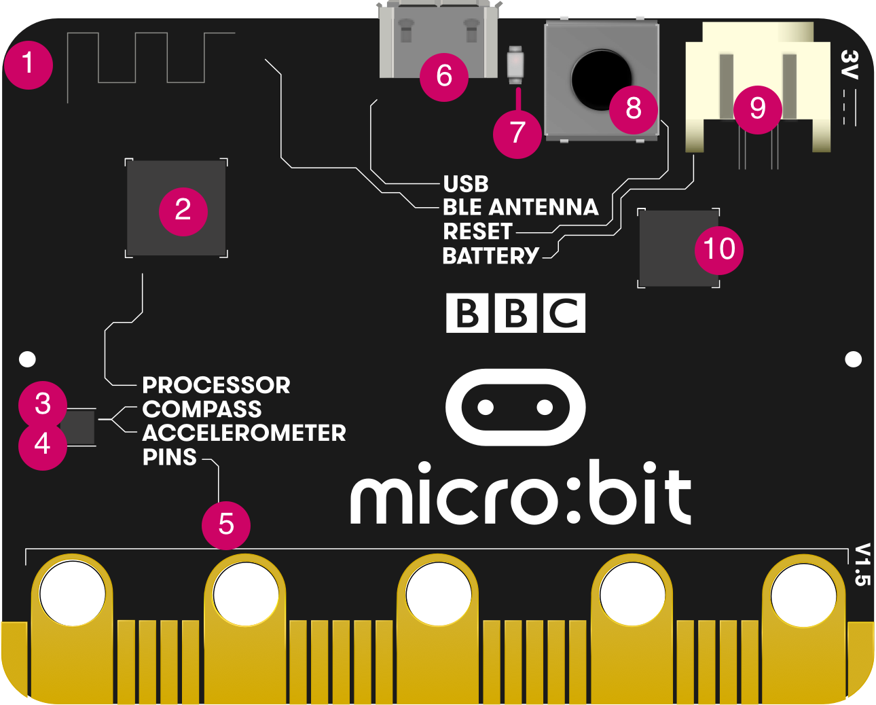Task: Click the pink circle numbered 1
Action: point(28,64)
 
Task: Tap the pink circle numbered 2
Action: point(183,210)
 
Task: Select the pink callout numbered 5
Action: point(226,524)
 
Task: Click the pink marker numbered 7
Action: point(517,132)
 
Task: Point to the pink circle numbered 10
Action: point(719,249)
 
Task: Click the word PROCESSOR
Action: point(216,385)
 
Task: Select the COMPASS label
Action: point(202,409)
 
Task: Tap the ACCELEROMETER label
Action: point(244,433)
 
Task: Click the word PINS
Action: point(170,457)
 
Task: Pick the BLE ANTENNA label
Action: point(520,207)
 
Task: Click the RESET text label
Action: point(477,232)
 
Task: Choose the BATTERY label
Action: point(490,256)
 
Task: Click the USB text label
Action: point(466,184)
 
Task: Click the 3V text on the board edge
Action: point(850,65)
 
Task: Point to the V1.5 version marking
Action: point(861,564)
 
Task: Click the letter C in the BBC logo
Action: point(564,313)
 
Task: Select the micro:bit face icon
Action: point(515,407)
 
